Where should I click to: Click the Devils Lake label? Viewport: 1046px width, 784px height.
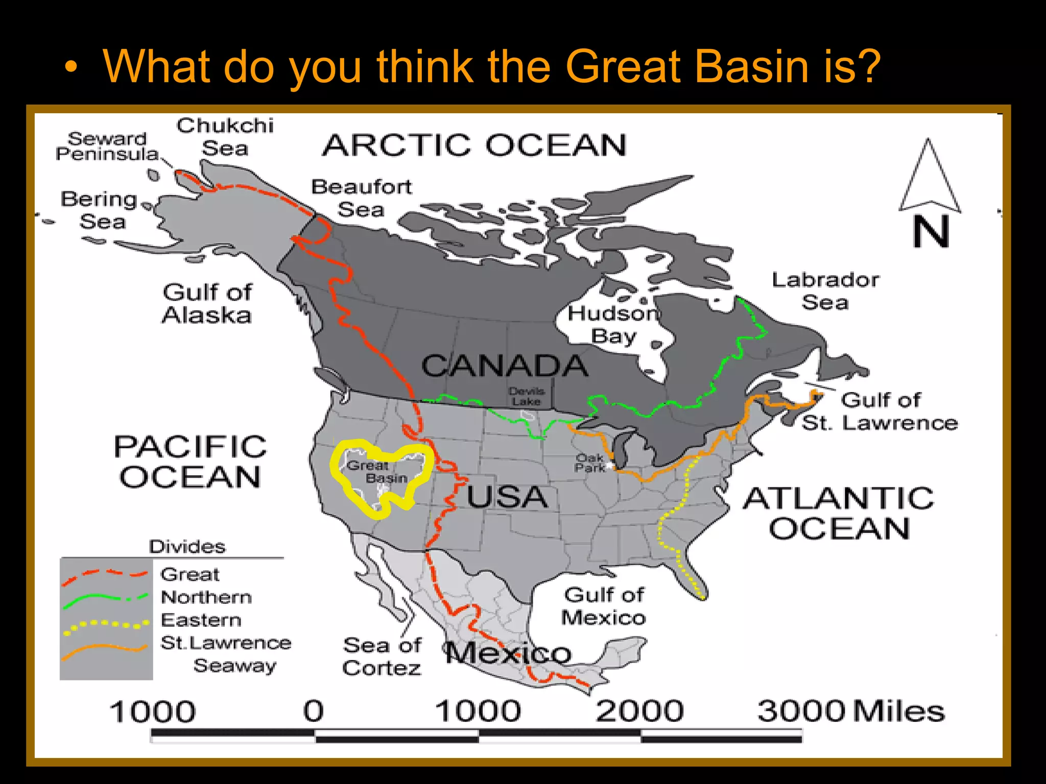pyautogui.click(x=527, y=397)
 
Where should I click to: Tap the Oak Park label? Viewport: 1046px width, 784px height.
pyautogui.click(x=589, y=462)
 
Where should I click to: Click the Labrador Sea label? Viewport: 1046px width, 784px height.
pyautogui.click(x=825, y=291)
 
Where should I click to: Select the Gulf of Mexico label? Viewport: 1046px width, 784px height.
pyautogui.click(x=604, y=606)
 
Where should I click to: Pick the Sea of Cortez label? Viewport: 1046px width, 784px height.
pyautogui.click(x=382, y=656)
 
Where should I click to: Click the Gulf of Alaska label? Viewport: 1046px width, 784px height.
pyautogui.click(x=207, y=304)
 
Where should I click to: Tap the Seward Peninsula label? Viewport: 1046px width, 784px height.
pyautogui.click(x=107, y=146)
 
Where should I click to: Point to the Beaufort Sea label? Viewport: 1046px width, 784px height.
pyautogui.click(x=361, y=198)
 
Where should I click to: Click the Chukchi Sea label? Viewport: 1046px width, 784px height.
pyautogui.click(x=225, y=137)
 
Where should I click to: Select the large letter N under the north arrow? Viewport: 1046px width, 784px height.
pyautogui.click(x=931, y=232)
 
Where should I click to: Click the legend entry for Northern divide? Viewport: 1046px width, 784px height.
pyautogui.click(x=206, y=597)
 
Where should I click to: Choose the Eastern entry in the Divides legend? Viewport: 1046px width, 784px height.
pyautogui.click(x=201, y=620)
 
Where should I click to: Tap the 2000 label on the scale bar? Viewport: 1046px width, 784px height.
pyautogui.click(x=639, y=710)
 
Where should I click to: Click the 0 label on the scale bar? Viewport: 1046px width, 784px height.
pyautogui.click(x=314, y=710)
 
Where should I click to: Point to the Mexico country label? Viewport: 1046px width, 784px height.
pyautogui.click(x=508, y=653)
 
